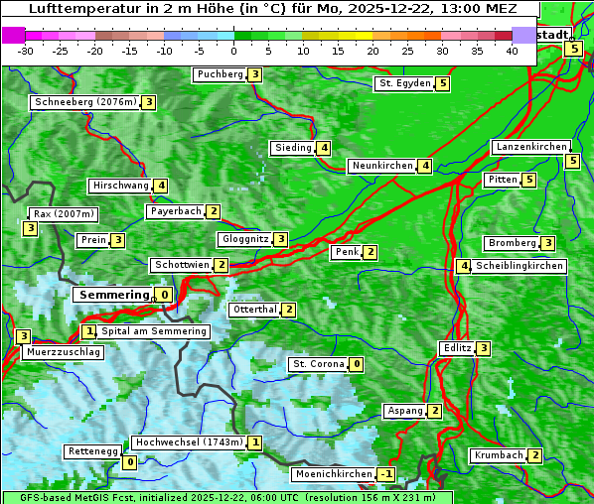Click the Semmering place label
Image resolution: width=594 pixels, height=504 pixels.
click(x=111, y=295)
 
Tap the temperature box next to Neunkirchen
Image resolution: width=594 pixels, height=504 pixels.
click(x=425, y=166)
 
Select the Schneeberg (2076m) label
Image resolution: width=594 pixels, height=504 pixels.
click(x=84, y=102)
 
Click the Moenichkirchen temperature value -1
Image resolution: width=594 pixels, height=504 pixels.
click(x=386, y=474)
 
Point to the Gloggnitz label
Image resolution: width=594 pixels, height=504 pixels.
click(x=244, y=239)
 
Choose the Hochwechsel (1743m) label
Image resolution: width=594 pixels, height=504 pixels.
click(x=189, y=442)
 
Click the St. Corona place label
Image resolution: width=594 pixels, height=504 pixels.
click(x=319, y=364)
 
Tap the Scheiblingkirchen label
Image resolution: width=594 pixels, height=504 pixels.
click(x=520, y=266)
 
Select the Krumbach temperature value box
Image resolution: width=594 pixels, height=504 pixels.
click(x=535, y=455)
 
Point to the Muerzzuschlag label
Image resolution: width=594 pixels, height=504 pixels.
click(x=63, y=352)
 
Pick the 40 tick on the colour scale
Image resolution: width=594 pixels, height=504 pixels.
click(x=512, y=51)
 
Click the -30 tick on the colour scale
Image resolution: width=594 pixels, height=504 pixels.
click(x=26, y=51)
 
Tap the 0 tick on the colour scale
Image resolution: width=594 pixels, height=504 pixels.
click(x=233, y=51)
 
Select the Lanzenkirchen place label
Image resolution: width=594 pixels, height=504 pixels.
click(x=530, y=147)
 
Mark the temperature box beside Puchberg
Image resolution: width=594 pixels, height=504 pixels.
click(x=255, y=74)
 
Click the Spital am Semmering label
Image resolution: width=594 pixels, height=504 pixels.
click(x=154, y=331)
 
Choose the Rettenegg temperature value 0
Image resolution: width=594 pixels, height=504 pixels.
click(x=129, y=462)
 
